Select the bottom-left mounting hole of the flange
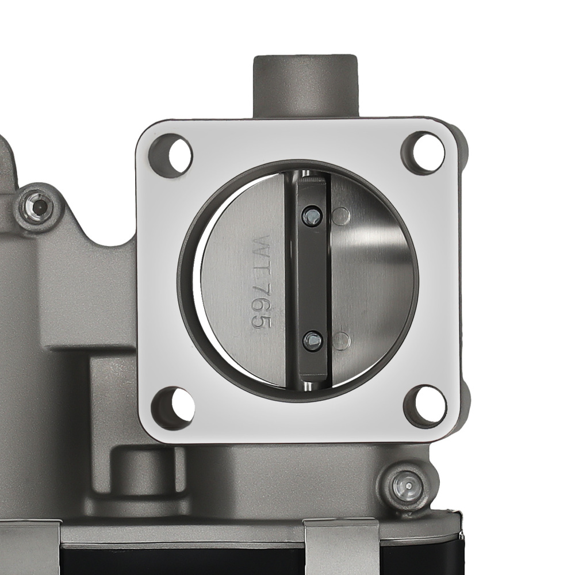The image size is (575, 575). click(173, 408)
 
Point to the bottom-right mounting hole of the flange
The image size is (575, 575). click(425, 405)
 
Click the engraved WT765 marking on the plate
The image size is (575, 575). click(260, 281)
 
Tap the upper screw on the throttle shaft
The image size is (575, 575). click(311, 214)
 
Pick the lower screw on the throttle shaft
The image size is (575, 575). click(312, 340)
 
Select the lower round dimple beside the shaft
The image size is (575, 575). click(342, 340)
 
